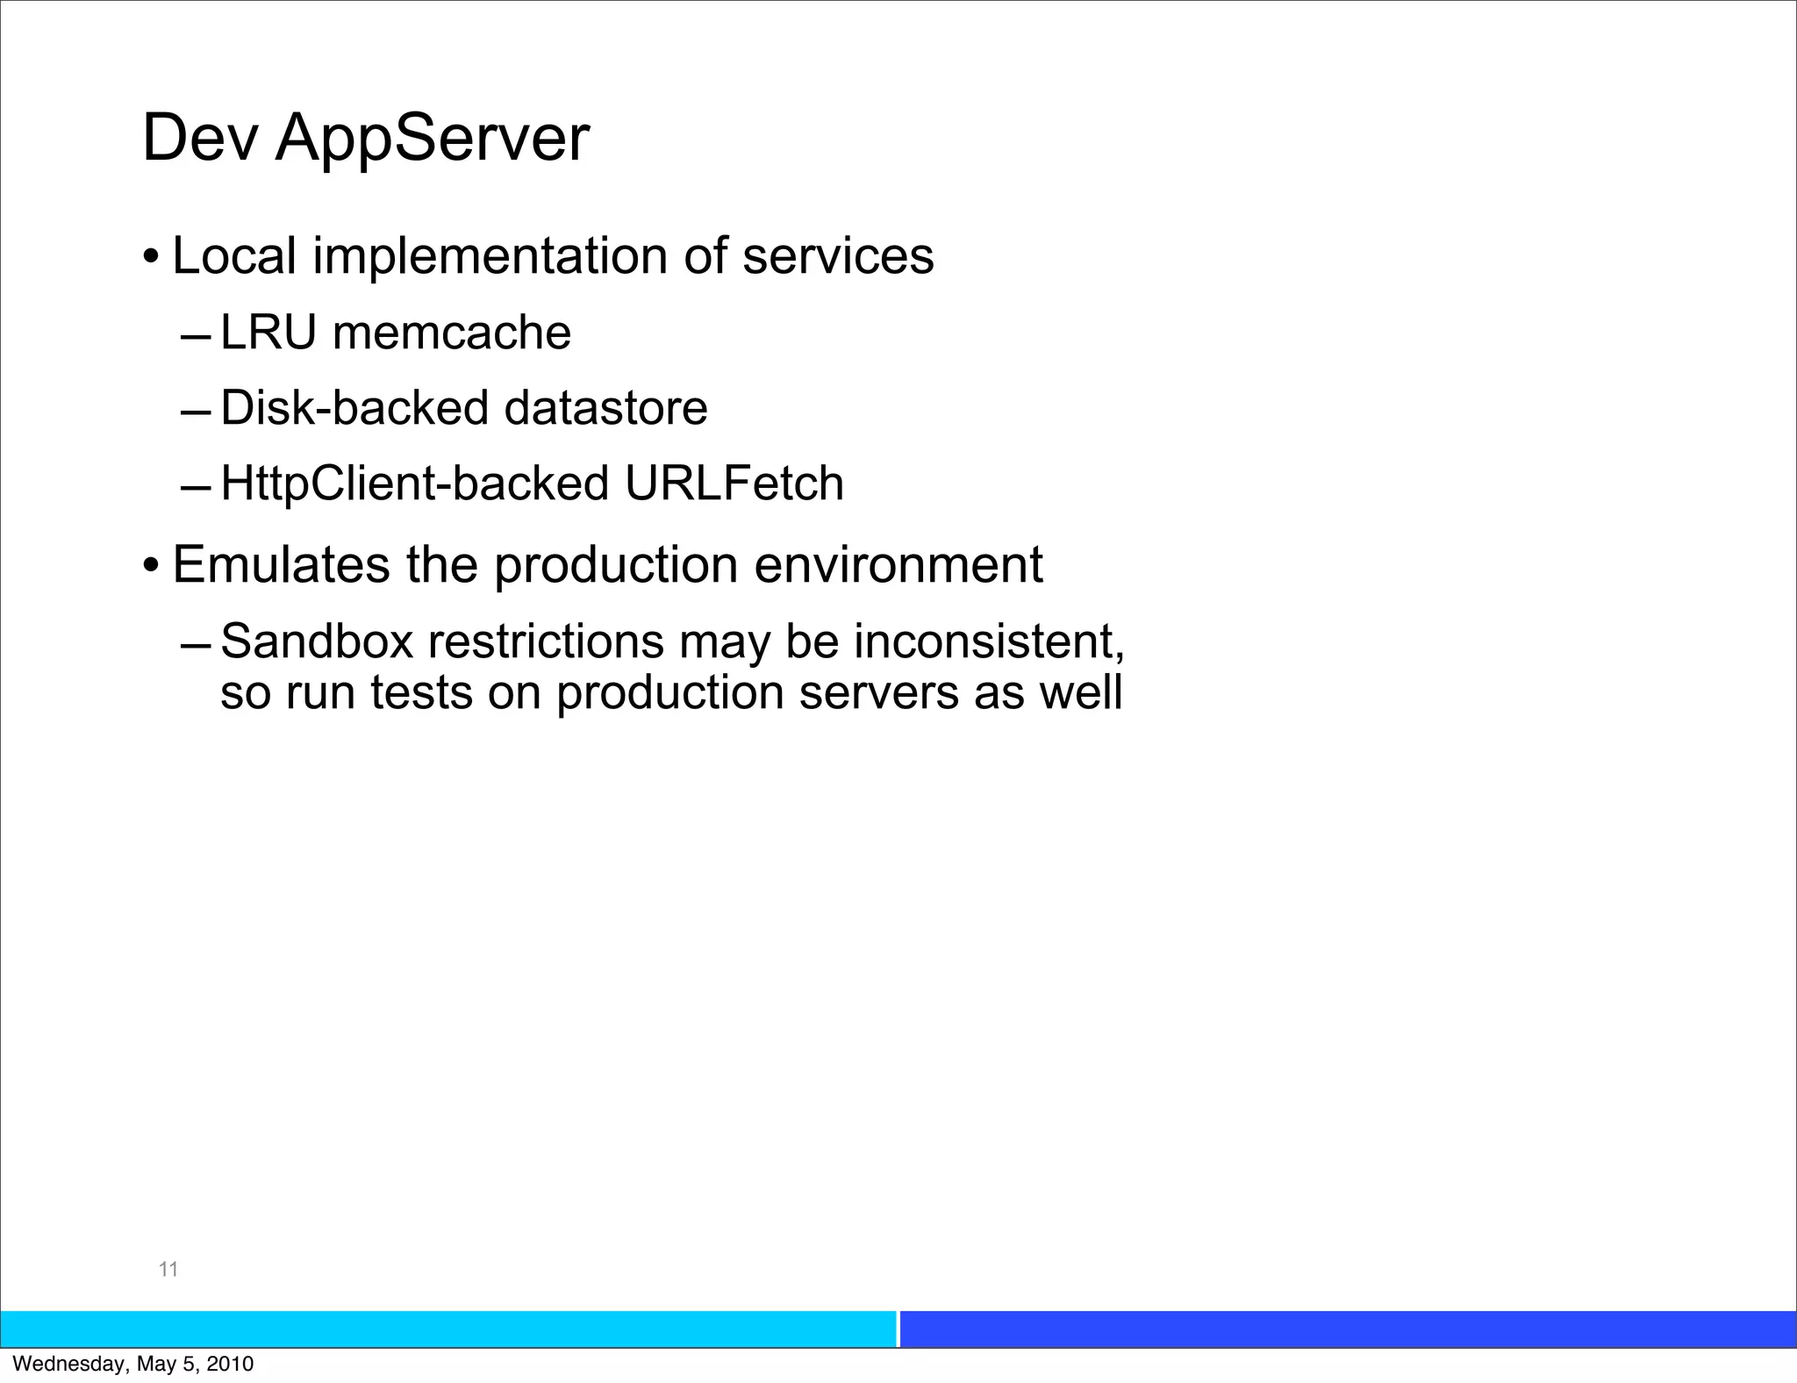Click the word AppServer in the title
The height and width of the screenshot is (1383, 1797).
point(432,139)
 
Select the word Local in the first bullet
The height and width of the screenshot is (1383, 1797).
point(234,256)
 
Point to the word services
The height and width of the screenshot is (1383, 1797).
point(838,256)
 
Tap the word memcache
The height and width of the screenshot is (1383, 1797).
point(452,333)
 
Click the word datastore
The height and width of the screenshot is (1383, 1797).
point(605,408)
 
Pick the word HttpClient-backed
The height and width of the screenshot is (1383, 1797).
point(415,484)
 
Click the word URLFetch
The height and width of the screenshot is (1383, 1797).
point(734,484)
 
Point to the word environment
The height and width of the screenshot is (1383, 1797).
point(898,564)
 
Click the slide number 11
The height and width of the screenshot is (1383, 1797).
point(168,1269)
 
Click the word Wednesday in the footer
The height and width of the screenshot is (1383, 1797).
point(70,1365)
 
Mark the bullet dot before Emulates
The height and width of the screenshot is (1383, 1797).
point(152,566)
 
